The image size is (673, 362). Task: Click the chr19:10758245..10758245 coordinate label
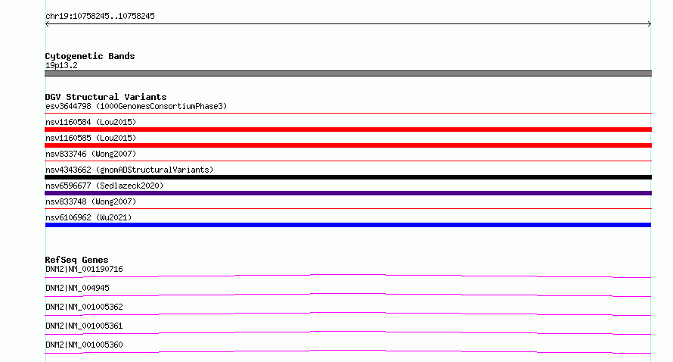[x=100, y=17]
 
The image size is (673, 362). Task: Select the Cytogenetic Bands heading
[x=90, y=56]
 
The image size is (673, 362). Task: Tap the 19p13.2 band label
[x=61, y=65]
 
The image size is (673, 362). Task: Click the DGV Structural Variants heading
[x=106, y=97]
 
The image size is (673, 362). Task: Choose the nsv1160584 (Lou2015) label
[x=91, y=122]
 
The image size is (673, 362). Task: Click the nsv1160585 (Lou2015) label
[x=91, y=138]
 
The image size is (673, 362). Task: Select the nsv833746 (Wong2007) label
[x=91, y=154]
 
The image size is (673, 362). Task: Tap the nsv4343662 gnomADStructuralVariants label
[x=129, y=170]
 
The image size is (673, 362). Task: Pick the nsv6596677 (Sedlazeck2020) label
[x=104, y=186]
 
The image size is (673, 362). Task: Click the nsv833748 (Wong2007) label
[x=91, y=201]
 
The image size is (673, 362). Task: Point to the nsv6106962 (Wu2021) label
[x=88, y=217]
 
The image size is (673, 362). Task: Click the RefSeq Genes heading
[x=76, y=260]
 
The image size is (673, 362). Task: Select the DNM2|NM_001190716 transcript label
[x=84, y=269]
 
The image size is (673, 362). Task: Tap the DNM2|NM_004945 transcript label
[x=77, y=288]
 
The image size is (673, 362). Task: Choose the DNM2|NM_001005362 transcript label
[x=84, y=307]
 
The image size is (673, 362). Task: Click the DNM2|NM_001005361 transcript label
[x=84, y=326]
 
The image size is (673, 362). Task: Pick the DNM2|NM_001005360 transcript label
[x=84, y=345]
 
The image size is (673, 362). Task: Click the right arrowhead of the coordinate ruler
[x=650, y=24]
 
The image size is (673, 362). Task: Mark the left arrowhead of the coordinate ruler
[x=46, y=24]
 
